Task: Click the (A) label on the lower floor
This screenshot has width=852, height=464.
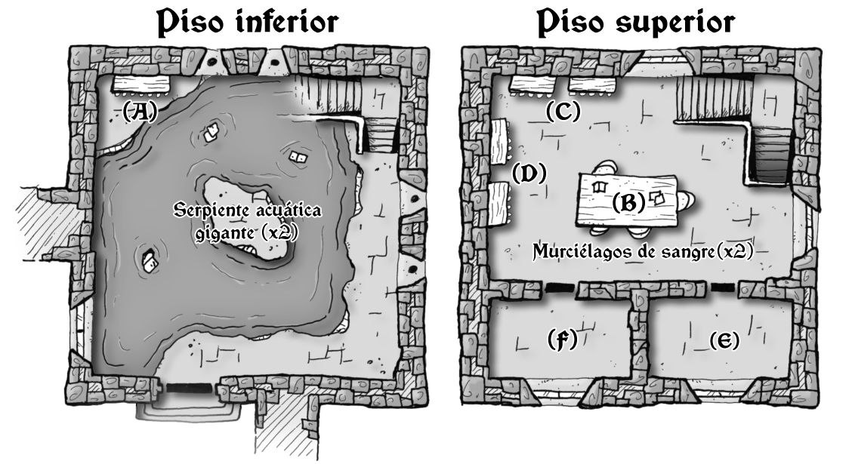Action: coord(139,112)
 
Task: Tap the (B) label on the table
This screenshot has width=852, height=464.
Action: coord(628,202)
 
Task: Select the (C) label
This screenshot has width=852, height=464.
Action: coord(563,112)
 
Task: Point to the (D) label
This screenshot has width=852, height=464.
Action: coord(529,174)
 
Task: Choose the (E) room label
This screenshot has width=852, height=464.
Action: coord(724,341)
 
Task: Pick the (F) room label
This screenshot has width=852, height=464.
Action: coord(561,340)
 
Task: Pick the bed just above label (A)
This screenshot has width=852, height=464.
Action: coord(141,83)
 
